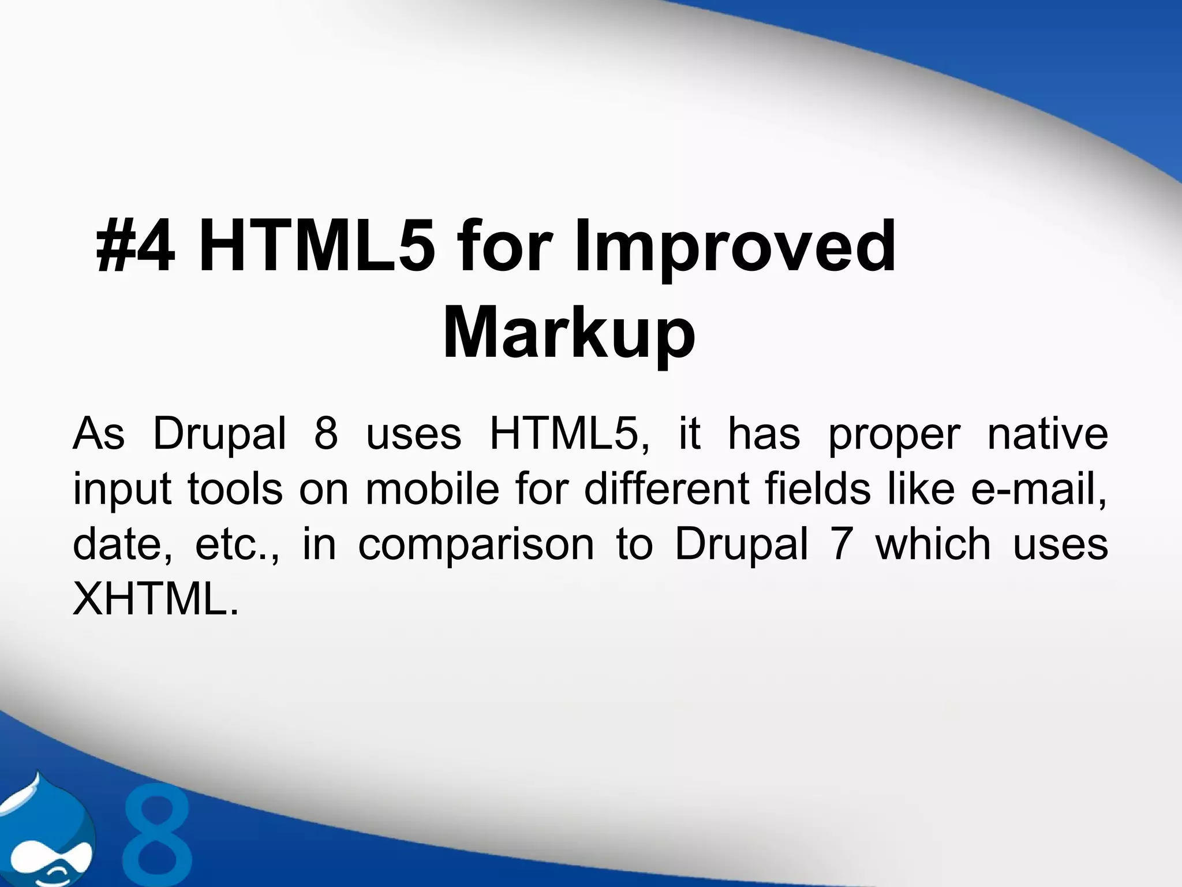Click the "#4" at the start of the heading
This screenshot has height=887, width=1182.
136,247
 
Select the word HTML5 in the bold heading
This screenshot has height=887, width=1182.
315,247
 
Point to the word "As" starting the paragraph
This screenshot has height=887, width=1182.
99,434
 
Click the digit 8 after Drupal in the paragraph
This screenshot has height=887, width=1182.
326,434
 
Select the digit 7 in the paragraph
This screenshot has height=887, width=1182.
841,545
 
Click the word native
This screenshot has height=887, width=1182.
1047,434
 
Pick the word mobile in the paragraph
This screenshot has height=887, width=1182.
432,489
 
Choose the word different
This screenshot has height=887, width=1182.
667,489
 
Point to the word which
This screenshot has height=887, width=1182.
933,545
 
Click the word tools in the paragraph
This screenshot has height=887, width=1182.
235,489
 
